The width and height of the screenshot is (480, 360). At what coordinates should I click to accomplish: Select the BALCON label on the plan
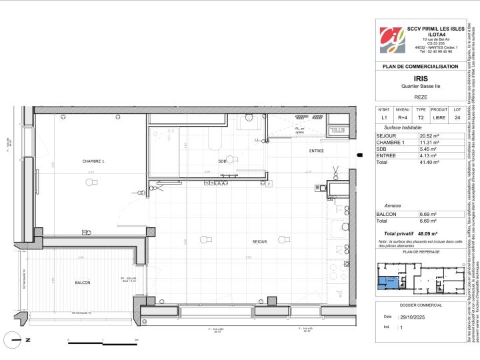tap(83, 283)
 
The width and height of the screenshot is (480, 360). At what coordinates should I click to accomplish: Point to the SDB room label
tap(222, 161)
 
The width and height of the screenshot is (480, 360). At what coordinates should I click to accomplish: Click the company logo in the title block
tap(391, 41)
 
